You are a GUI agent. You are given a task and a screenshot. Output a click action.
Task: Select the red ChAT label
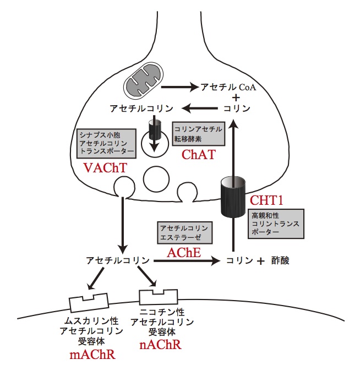[x=198, y=155]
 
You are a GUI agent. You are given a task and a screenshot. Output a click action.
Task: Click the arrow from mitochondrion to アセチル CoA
[x=179, y=87]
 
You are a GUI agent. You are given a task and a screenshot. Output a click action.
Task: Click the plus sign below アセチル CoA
[x=237, y=98]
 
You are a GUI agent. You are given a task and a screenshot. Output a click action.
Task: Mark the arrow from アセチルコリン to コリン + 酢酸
[x=187, y=261]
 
